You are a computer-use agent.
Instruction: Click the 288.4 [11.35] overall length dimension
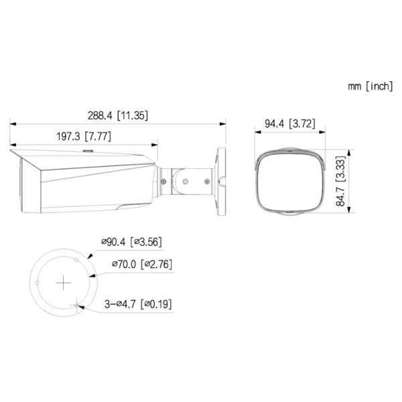117,115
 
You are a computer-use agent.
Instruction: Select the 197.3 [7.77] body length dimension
83,136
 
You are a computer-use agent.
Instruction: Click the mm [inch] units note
370,86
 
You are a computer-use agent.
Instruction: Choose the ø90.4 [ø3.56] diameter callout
131,242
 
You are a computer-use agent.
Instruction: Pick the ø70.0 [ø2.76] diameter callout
139,264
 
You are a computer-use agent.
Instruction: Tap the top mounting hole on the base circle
78,257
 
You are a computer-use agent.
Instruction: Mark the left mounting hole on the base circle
38,285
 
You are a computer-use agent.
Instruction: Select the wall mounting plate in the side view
220,180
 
